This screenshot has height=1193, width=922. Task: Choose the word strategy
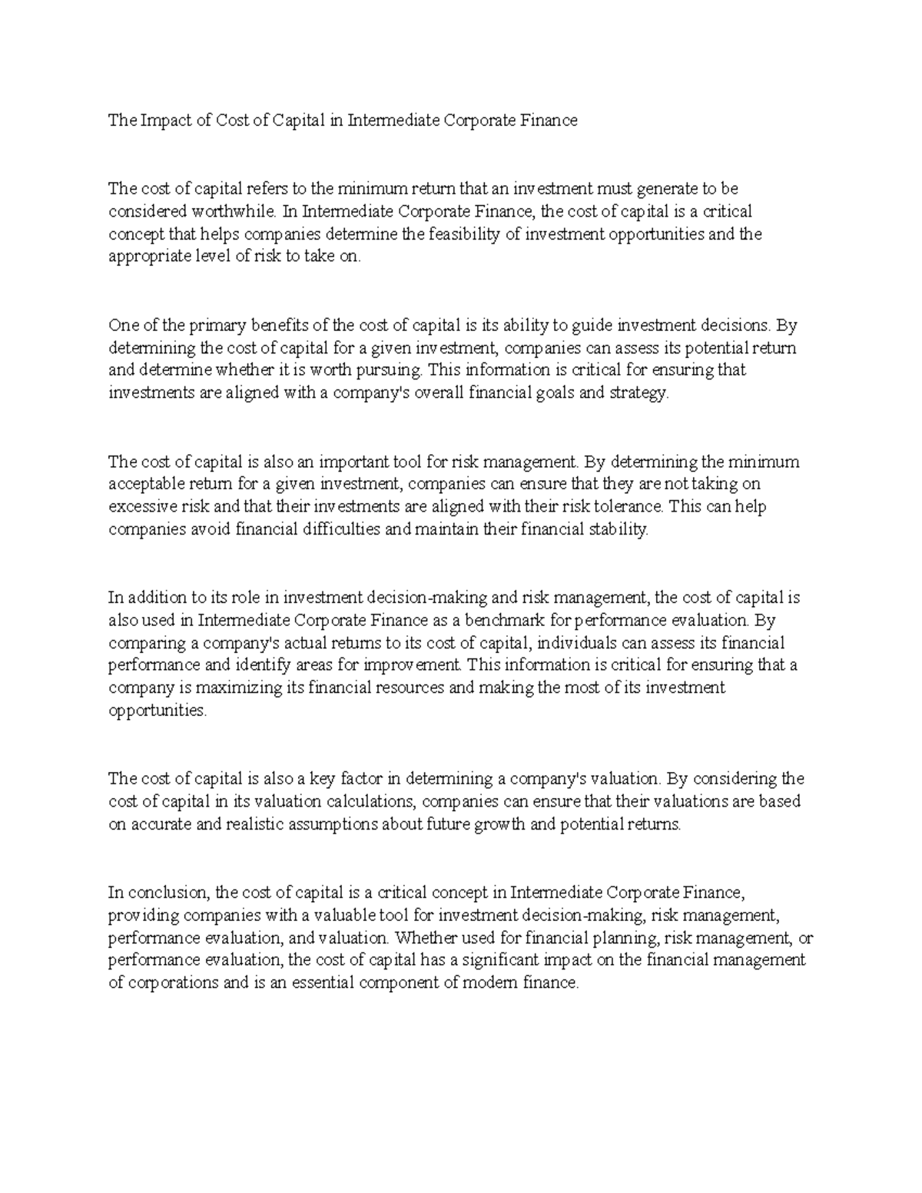click(644, 393)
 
